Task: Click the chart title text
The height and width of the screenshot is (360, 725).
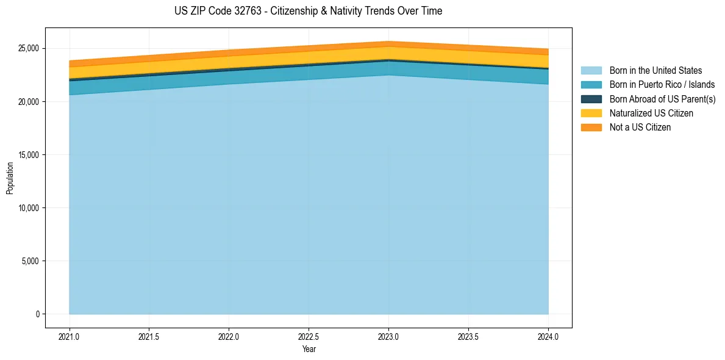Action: click(x=308, y=11)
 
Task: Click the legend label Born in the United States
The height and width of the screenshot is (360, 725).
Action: click(x=655, y=71)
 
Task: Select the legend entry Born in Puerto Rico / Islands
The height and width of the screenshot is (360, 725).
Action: click(x=662, y=85)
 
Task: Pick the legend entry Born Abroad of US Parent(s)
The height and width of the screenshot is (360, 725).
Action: click(x=662, y=99)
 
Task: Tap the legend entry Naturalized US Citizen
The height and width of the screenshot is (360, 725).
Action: click(x=651, y=113)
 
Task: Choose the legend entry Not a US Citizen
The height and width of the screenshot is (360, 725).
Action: click(x=640, y=127)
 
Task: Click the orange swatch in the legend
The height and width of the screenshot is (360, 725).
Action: click(x=591, y=127)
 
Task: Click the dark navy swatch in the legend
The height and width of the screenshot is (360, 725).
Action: click(x=591, y=99)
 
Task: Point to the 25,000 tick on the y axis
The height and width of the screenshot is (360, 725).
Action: click(x=27, y=48)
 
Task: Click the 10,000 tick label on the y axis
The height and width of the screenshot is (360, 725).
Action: click(x=27, y=208)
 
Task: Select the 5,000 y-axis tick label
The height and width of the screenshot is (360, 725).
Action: click(x=29, y=261)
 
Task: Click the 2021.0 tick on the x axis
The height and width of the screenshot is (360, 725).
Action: click(x=70, y=336)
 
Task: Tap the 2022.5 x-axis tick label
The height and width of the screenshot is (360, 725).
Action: click(x=309, y=336)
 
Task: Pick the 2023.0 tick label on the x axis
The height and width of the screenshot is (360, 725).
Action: click(x=388, y=336)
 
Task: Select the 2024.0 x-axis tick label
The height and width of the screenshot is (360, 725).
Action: click(x=548, y=336)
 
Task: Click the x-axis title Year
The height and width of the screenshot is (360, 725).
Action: click(x=309, y=349)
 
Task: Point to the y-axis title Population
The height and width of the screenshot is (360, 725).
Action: click(x=10, y=178)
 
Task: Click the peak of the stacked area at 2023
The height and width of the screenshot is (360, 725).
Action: click(x=388, y=42)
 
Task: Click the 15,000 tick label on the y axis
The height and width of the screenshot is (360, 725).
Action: click(x=27, y=155)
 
